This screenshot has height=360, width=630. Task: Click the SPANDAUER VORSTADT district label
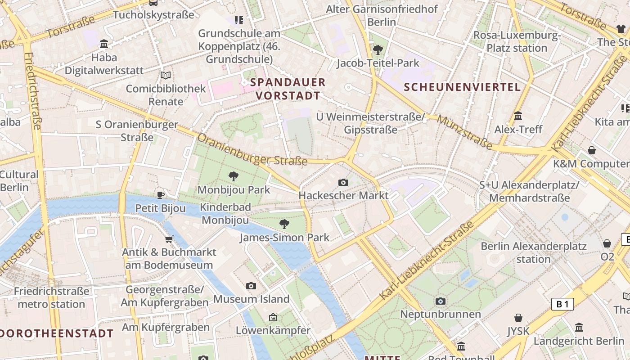pos(288,89)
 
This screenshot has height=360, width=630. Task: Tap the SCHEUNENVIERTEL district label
pos(462,87)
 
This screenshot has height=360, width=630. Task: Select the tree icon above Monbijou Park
pos(233,176)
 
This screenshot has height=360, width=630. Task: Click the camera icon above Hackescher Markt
pos(343,182)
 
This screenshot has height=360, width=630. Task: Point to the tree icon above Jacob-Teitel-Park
pos(378,49)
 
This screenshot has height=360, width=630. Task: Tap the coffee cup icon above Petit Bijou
pos(161,195)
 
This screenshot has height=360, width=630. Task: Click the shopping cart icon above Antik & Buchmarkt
pos(169,239)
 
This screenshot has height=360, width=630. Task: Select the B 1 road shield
pos(562,304)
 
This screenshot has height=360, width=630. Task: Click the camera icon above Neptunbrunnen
pos(441,301)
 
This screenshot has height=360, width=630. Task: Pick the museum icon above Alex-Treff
pos(518,116)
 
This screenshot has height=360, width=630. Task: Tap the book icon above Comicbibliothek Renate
pos(166,75)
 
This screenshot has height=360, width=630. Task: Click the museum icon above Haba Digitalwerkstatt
pos(104,44)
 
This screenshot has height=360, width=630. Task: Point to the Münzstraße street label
pos(464,132)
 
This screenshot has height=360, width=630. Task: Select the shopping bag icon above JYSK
pos(518,318)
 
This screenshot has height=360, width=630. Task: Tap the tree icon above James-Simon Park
pos(284,224)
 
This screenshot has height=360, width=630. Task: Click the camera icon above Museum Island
pos(251,286)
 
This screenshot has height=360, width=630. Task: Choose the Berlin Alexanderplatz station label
pos(534,252)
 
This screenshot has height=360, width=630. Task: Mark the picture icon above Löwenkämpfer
pos(273,317)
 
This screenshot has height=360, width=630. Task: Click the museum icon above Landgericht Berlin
pos(579,327)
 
